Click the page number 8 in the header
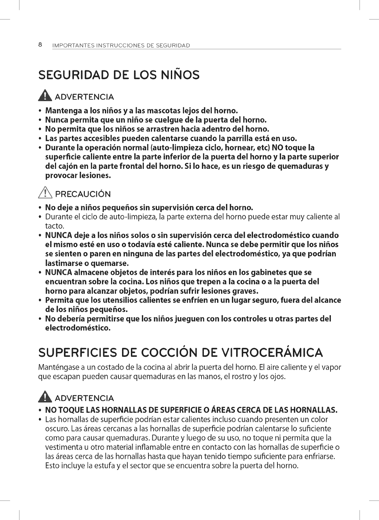[40, 45]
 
